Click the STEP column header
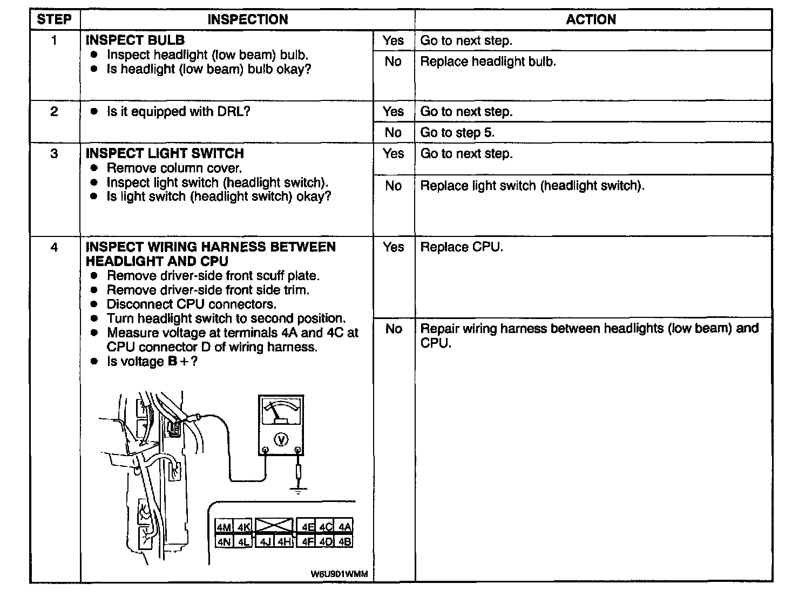(x=54, y=20)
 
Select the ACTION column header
(x=591, y=20)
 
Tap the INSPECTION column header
(x=248, y=20)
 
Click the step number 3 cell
(x=54, y=154)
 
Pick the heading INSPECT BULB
(x=135, y=40)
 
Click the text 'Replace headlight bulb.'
(x=488, y=62)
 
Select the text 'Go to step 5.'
(x=457, y=133)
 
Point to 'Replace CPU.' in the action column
(x=461, y=247)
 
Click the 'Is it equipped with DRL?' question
(x=178, y=112)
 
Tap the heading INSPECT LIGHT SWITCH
(x=165, y=154)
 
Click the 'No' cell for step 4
(x=394, y=329)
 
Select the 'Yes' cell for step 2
(x=393, y=112)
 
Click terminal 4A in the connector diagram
(x=344, y=527)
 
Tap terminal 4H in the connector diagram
(x=285, y=541)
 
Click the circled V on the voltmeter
(x=281, y=440)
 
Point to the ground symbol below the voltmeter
(x=298, y=491)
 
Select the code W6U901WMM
(x=339, y=574)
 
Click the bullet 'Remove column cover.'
(x=174, y=168)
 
